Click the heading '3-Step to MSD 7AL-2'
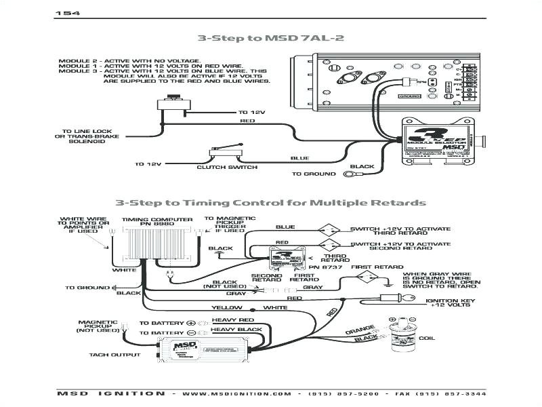[x=270, y=38]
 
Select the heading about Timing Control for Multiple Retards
[x=270, y=203]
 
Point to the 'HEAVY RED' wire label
[x=232, y=319]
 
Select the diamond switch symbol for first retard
[x=368, y=277]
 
